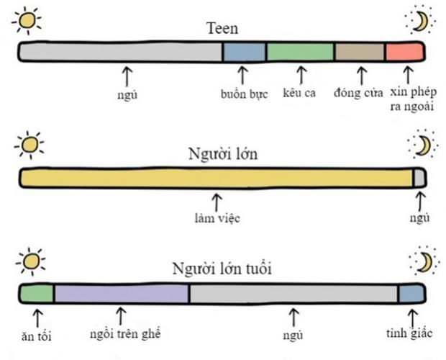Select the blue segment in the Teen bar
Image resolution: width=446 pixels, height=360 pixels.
(244, 52)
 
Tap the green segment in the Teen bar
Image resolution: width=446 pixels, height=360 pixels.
(300, 52)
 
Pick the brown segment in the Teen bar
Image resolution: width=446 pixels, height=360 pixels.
(360, 52)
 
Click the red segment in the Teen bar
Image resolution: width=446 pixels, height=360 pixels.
(404, 52)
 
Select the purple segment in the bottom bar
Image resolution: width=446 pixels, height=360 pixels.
(122, 293)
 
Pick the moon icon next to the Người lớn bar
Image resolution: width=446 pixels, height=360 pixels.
(422, 145)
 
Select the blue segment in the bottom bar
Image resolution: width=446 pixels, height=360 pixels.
(411, 293)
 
